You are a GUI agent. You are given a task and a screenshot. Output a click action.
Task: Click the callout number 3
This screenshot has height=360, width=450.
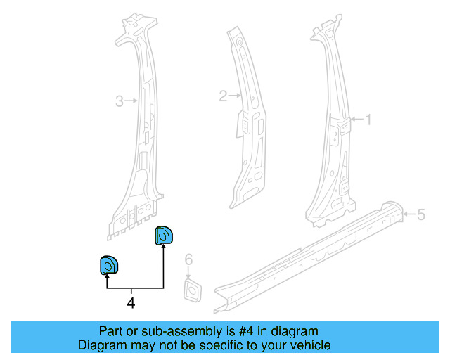[120, 101]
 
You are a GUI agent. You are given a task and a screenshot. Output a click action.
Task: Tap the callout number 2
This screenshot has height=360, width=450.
[223, 96]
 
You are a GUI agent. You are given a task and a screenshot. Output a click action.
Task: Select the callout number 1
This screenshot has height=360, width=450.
[368, 120]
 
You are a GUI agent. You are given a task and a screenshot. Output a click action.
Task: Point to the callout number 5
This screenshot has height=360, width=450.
[420, 214]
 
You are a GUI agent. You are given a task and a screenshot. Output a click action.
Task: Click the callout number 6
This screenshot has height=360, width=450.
[188, 259]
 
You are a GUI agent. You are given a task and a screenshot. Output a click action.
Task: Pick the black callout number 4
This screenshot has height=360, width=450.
[131, 303]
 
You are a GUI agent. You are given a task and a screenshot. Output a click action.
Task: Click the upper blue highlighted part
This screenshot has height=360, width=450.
[164, 236]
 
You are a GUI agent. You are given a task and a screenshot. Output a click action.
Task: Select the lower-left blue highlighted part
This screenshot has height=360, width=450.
[109, 265]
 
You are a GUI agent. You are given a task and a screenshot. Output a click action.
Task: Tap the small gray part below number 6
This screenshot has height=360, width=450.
[193, 290]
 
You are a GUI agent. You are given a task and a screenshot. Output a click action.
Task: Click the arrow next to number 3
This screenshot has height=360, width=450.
[131, 101]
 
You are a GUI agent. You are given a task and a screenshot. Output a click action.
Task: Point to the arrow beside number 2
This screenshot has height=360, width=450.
[235, 96]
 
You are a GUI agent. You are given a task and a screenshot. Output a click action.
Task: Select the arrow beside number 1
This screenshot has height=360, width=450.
[356, 119]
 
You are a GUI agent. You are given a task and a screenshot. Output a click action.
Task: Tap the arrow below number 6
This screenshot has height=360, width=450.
[188, 272]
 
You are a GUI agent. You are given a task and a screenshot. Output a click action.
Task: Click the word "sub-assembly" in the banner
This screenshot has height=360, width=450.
[181, 332]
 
